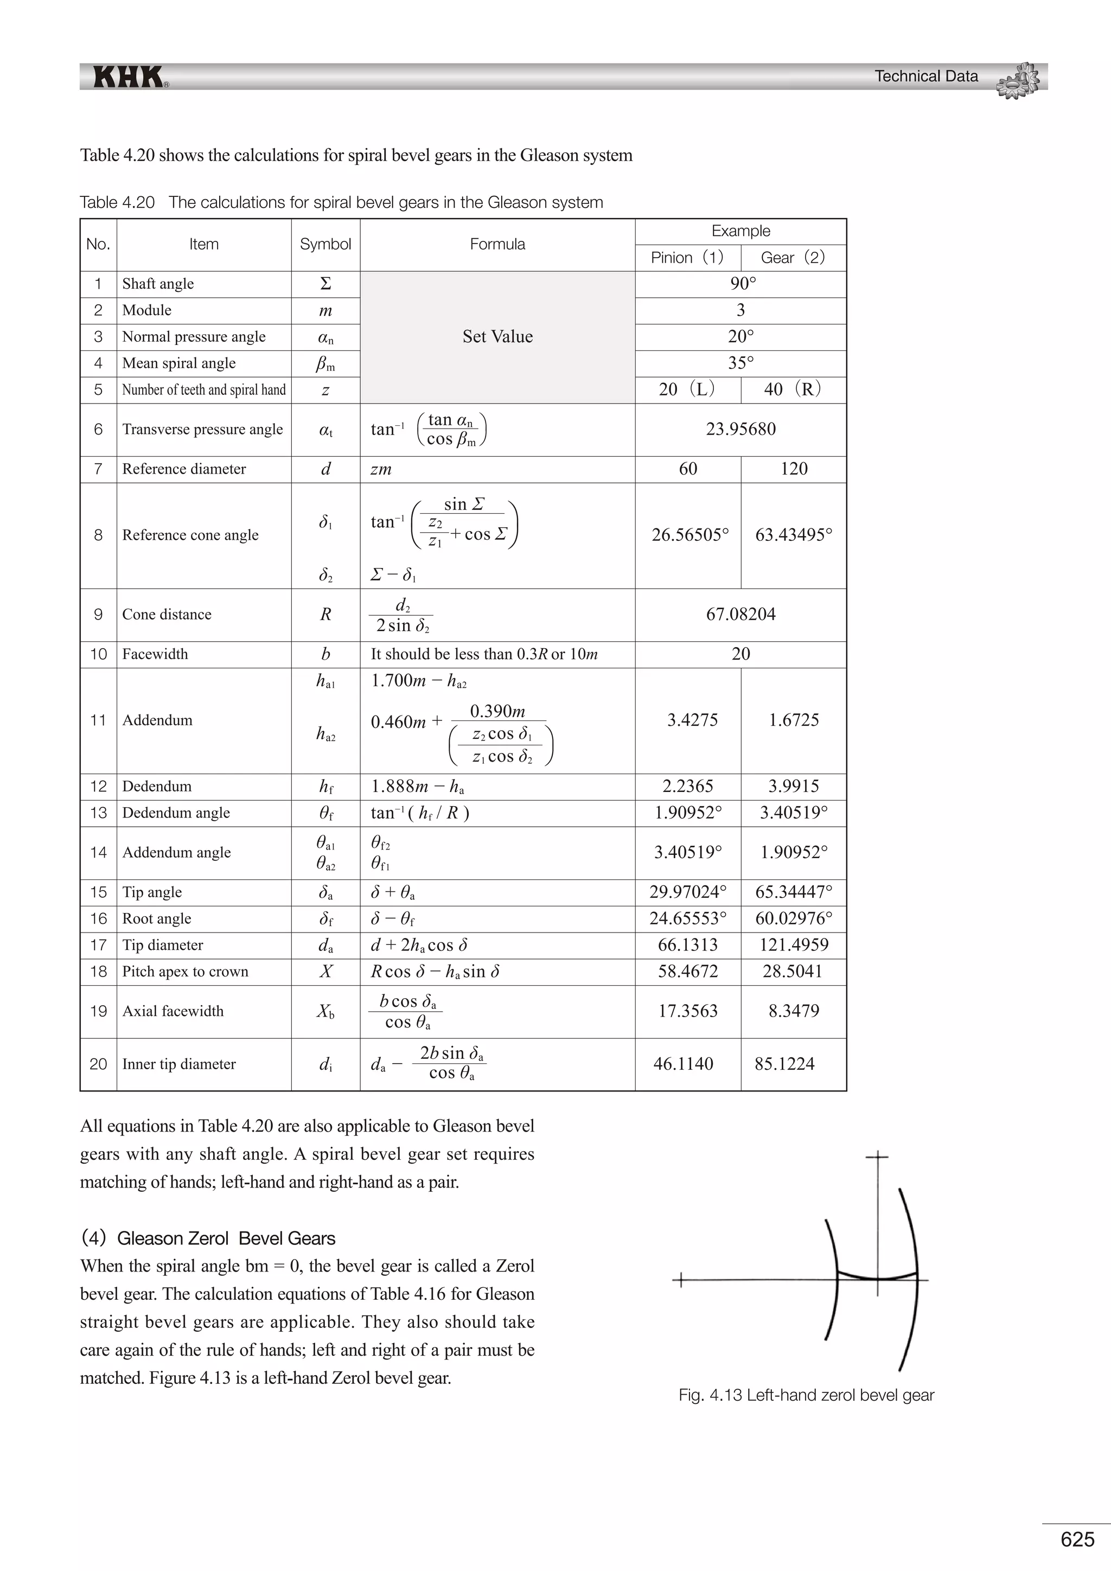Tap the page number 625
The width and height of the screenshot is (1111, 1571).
point(1077,1539)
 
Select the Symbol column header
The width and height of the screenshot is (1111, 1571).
point(325,244)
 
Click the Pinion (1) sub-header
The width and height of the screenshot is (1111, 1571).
point(687,258)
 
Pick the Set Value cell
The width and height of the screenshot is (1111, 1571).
point(497,337)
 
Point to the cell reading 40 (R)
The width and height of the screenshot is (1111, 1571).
point(793,389)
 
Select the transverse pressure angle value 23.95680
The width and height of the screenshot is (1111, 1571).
point(741,429)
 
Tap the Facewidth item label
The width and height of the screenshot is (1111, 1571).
point(155,654)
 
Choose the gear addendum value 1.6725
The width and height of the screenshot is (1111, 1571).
point(794,720)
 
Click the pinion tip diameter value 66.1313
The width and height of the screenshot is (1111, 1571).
point(687,945)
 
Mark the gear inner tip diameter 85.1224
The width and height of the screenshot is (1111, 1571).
point(784,1064)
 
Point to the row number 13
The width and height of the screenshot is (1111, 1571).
point(99,813)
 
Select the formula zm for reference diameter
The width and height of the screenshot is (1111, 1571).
point(381,469)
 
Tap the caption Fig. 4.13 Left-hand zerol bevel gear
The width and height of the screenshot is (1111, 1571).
point(806,1395)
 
